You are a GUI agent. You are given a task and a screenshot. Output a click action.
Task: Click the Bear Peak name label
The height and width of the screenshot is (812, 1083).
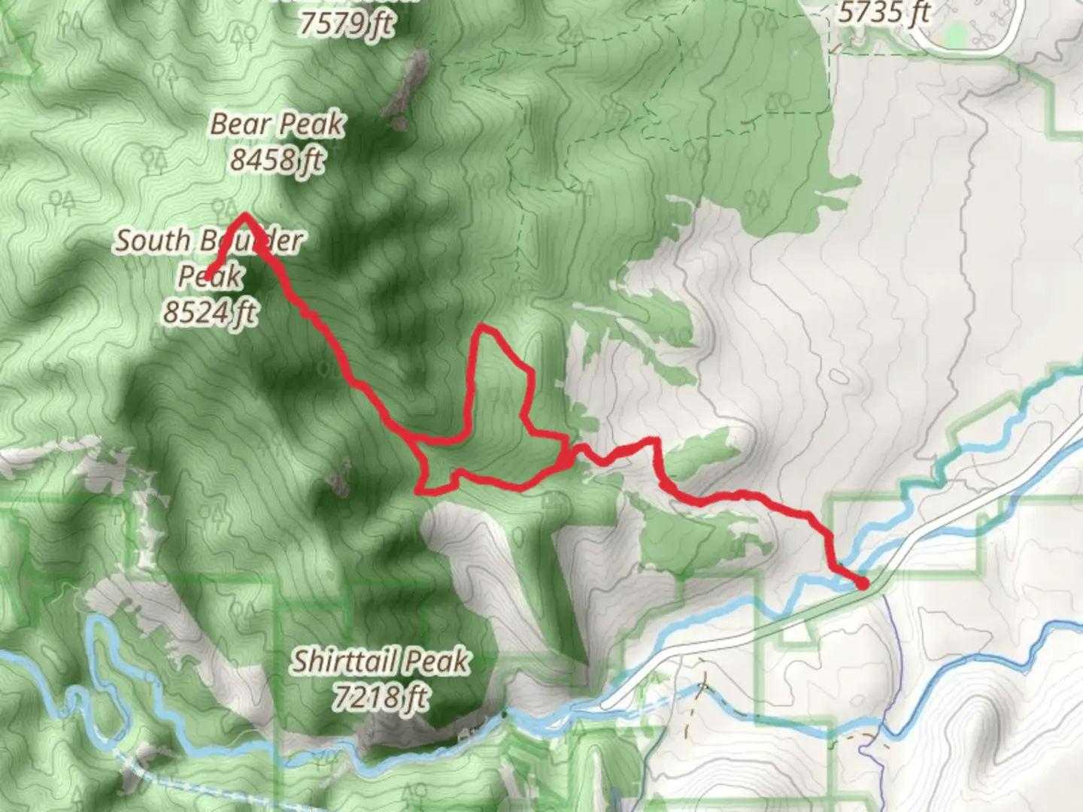click(277, 124)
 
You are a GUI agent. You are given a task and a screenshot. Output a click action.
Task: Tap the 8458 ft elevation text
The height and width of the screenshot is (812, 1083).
click(277, 159)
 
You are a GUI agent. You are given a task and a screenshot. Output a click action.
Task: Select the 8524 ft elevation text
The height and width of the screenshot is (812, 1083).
click(211, 311)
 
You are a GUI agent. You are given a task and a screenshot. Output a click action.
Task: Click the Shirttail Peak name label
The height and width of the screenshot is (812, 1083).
click(381, 662)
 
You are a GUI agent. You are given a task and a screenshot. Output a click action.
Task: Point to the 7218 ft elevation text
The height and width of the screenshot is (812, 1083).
click(381, 697)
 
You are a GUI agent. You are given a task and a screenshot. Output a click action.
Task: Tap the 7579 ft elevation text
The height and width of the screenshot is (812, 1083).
click(346, 24)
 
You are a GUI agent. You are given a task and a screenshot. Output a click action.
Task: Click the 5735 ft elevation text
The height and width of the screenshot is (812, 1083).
click(884, 13)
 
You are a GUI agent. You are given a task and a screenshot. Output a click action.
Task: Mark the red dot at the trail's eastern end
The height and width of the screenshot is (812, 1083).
click(863, 583)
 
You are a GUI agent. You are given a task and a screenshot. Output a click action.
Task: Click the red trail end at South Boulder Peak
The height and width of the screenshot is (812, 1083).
click(208, 277)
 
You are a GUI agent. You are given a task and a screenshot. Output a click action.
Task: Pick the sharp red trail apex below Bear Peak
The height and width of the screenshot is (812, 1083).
click(244, 217)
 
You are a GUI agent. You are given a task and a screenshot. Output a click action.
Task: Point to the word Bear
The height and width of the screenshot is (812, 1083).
click(240, 124)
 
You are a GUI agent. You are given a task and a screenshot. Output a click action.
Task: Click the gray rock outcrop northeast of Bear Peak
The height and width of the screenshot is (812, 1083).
click(407, 90)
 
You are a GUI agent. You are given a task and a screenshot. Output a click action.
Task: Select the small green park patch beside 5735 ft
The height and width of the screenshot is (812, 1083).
click(955, 32)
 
